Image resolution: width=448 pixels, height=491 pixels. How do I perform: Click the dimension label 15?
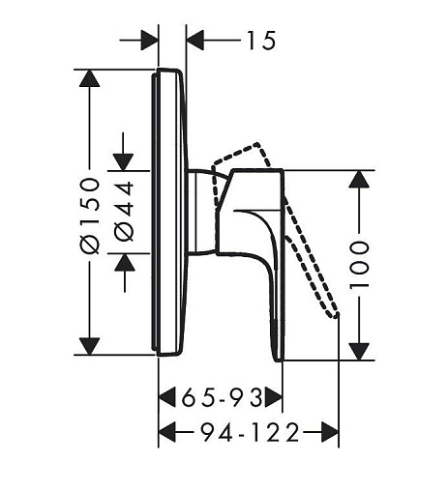[261, 41]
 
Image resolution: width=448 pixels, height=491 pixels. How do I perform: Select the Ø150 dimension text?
[90, 216]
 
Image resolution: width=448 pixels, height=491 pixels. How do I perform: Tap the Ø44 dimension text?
[124, 211]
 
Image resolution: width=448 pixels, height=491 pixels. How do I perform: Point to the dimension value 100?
[359, 264]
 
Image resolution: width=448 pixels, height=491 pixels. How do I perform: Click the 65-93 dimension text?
[223, 397]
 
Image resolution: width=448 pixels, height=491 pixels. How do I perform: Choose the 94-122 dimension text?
[250, 432]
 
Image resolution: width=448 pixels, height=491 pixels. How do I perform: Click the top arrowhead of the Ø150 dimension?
[89, 78]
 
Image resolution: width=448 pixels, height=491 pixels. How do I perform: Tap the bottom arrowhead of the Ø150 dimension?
[89, 346]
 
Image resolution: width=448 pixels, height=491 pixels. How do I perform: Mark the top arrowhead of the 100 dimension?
[359, 179]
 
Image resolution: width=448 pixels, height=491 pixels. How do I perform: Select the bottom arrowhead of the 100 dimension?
[359, 352]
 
